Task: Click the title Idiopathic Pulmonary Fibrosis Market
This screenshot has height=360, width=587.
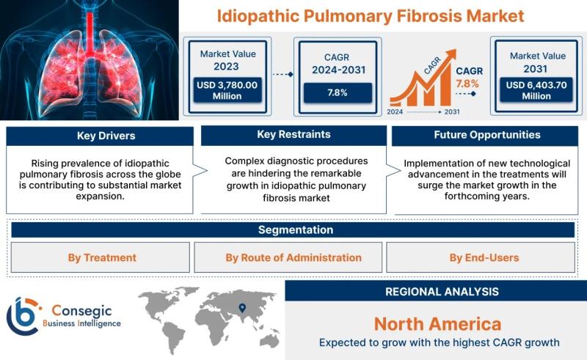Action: tap(371, 16)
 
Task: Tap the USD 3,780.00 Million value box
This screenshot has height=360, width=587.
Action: tap(227, 90)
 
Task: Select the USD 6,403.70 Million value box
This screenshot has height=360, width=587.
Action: tap(536, 90)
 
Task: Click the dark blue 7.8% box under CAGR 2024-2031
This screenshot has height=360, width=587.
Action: tap(338, 92)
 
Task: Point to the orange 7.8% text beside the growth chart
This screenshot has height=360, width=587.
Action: tap(467, 84)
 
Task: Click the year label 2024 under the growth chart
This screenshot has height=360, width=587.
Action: tap(395, 111)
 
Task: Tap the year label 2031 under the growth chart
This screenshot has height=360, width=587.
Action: tap(452, 111)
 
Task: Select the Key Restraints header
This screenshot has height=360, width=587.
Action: tap(294, 135)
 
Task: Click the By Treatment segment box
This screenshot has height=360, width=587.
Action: tap(101, 257)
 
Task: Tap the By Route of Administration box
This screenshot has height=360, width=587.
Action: tap(288, 257)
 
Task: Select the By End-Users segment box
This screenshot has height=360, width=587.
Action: tap(481, 257)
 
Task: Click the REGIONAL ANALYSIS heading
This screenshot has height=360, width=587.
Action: tap(442, 292)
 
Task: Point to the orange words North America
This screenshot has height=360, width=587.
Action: tap(437, 324)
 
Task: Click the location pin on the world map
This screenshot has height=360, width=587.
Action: tap(242, 308)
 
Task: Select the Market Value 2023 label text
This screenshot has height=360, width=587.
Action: tap(227, 60)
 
